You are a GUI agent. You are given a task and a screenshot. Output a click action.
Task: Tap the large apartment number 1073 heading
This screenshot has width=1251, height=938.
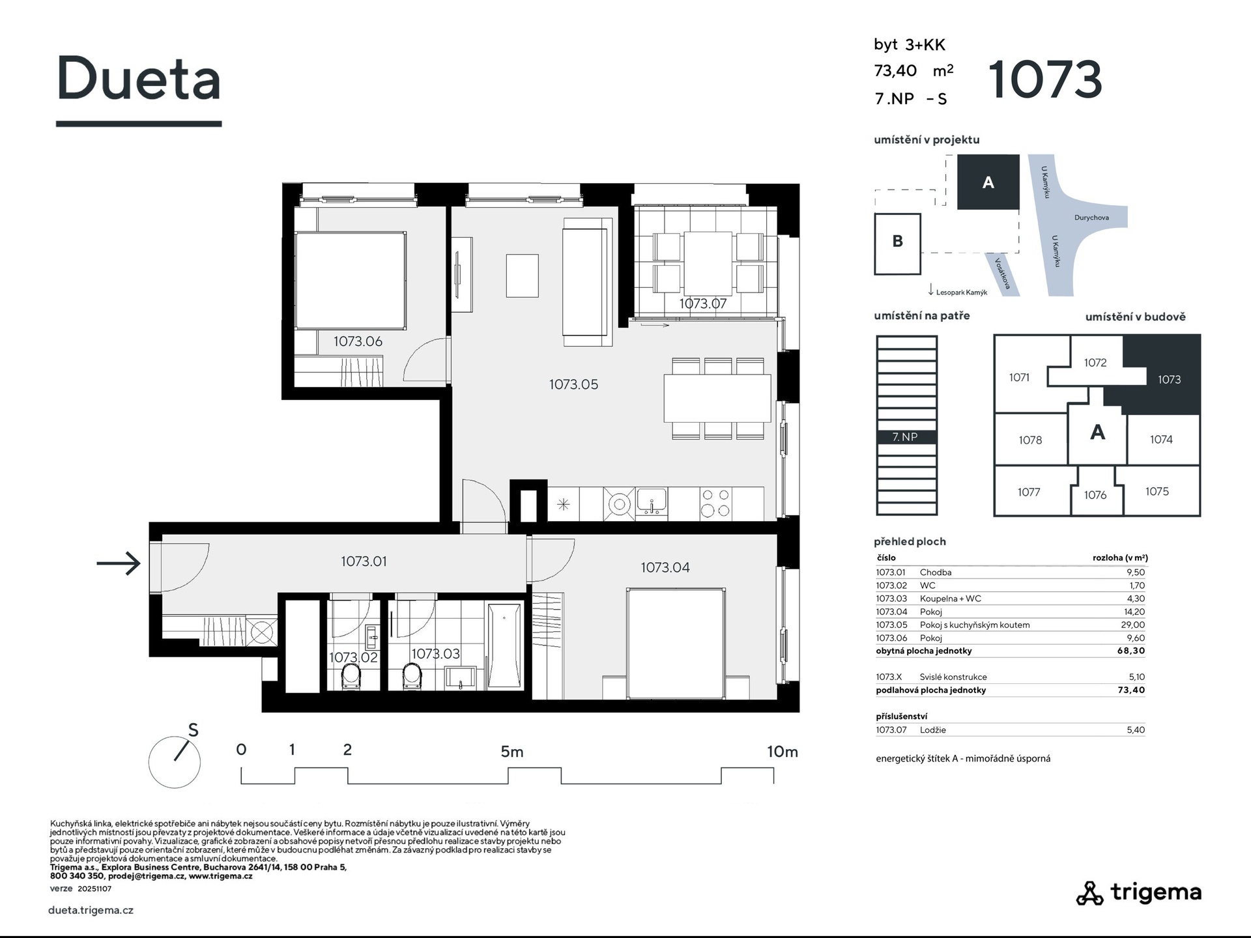[x=1045, y=79]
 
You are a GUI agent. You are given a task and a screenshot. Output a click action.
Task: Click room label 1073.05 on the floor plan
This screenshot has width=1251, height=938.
[x=573, y=384]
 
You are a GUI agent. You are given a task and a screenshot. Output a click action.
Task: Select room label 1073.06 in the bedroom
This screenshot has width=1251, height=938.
[x=358, y=341]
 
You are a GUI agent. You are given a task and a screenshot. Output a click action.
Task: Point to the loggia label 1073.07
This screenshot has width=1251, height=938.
[x=702, y=304]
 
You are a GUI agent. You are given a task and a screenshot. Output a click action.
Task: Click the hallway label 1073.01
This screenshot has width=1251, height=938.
[x=364, y=561]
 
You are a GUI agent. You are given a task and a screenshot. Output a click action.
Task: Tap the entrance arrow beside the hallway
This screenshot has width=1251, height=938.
[x=118, y=563]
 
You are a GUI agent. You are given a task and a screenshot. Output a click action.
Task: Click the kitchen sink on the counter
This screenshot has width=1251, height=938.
[x=652, y=502]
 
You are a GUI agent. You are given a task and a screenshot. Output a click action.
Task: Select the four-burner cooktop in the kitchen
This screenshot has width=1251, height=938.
[x=715, y=504]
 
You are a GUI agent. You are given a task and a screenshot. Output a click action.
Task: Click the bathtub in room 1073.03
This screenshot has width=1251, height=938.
[x=504, y=645]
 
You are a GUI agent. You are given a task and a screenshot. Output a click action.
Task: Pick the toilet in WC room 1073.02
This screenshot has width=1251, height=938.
[x=351, y=676]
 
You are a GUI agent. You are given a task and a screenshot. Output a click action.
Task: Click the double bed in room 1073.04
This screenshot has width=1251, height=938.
[x=676, y=644]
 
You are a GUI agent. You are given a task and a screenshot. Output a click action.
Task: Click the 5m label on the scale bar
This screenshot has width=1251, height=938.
[x=512, y=752]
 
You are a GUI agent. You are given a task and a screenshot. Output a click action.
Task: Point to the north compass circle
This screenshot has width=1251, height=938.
[x=174, y=762]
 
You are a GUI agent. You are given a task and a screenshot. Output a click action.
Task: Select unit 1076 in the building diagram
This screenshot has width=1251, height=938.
[x=1095, y=495]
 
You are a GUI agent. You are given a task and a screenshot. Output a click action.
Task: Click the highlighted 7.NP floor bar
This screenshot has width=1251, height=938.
[x=906, y=437]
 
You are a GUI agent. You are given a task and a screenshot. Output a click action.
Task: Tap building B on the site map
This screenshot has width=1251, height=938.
[x=897, y=244]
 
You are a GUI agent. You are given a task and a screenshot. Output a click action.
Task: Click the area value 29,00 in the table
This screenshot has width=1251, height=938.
[x=1132, y=625]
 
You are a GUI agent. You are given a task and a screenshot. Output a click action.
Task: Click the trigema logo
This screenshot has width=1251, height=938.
[x=1138, y=893]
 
